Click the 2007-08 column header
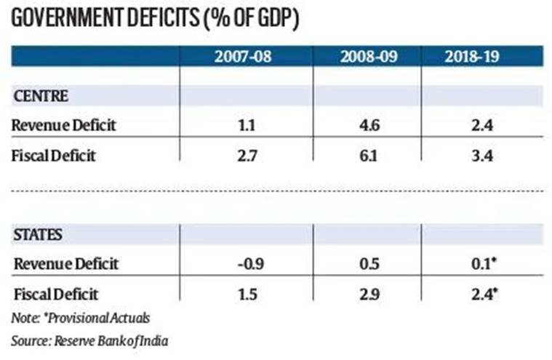pos(242,57)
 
